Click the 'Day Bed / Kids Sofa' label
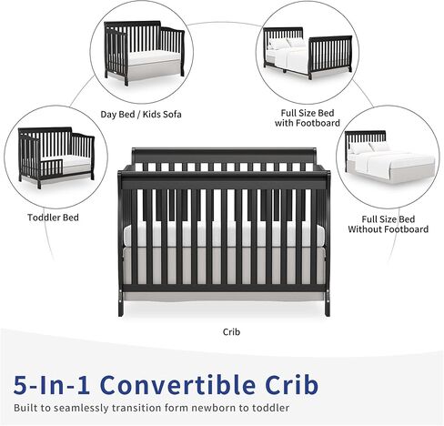(x=141, y=115)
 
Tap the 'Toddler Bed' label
(x=53, y=218)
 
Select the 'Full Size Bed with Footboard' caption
(x=308, y=118)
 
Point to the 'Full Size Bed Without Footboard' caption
(x=388, y=224)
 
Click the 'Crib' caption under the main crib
(x=231, y=332)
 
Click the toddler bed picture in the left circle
(x=56, y=157)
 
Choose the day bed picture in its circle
(x=144, y=53)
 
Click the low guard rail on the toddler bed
(x=52, y=168)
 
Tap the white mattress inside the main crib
(x=224, y=236)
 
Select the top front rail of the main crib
(x=224, y=181)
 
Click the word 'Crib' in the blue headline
(x=292, y=385)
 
